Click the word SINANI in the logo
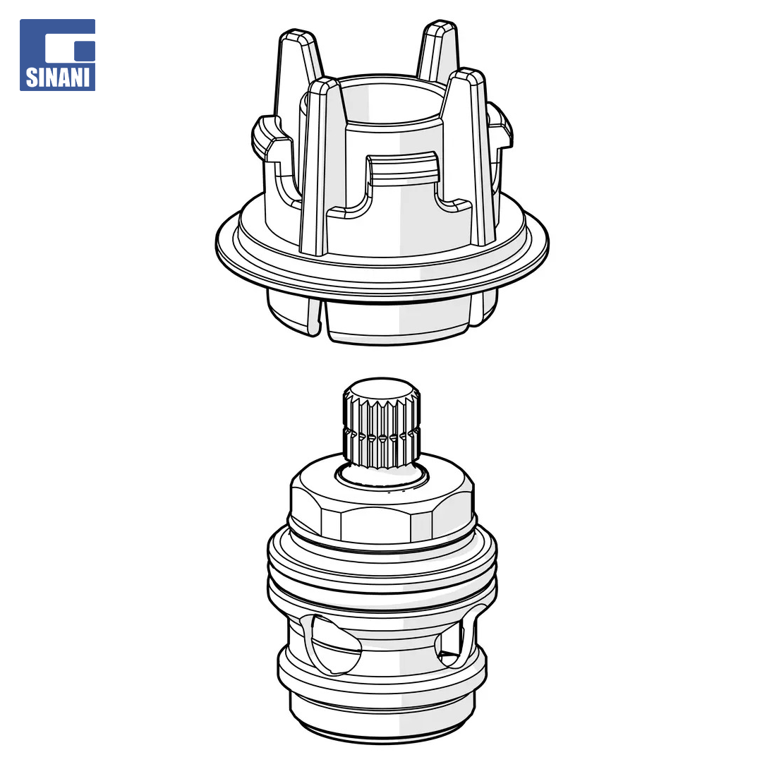point(57,78)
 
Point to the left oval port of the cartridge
point(334,644)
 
